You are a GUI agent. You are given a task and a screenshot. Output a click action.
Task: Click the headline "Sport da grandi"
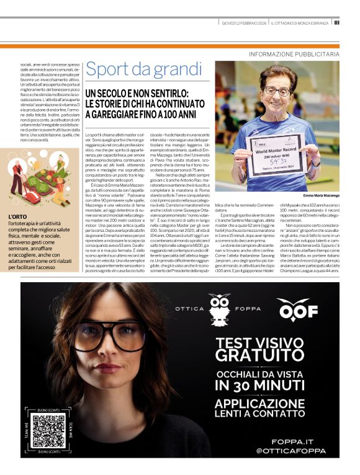point(136,69)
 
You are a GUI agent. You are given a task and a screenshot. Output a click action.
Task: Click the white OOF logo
point(297,309)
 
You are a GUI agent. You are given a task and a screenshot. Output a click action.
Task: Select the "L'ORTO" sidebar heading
point(19,216)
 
